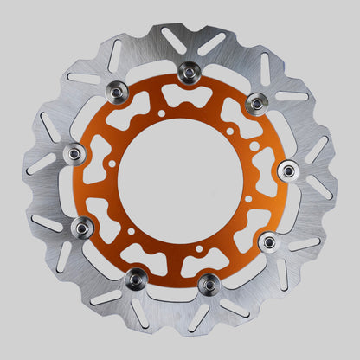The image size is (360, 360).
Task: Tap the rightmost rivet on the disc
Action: click(x=289, y=170)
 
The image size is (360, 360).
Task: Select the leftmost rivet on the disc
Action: click(x=74, y=155)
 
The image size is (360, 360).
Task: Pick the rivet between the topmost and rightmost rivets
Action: click(x=255, y=105)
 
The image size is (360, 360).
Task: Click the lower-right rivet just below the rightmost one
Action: click(x=267, y=241)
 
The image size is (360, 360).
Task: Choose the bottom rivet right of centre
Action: click(x=208, y=283)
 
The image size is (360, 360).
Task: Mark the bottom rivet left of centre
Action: click(x=136, y=278)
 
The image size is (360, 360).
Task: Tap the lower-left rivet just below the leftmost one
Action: click(x=82, y=228)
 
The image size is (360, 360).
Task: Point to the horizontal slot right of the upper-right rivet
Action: click(x=292, y=94)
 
